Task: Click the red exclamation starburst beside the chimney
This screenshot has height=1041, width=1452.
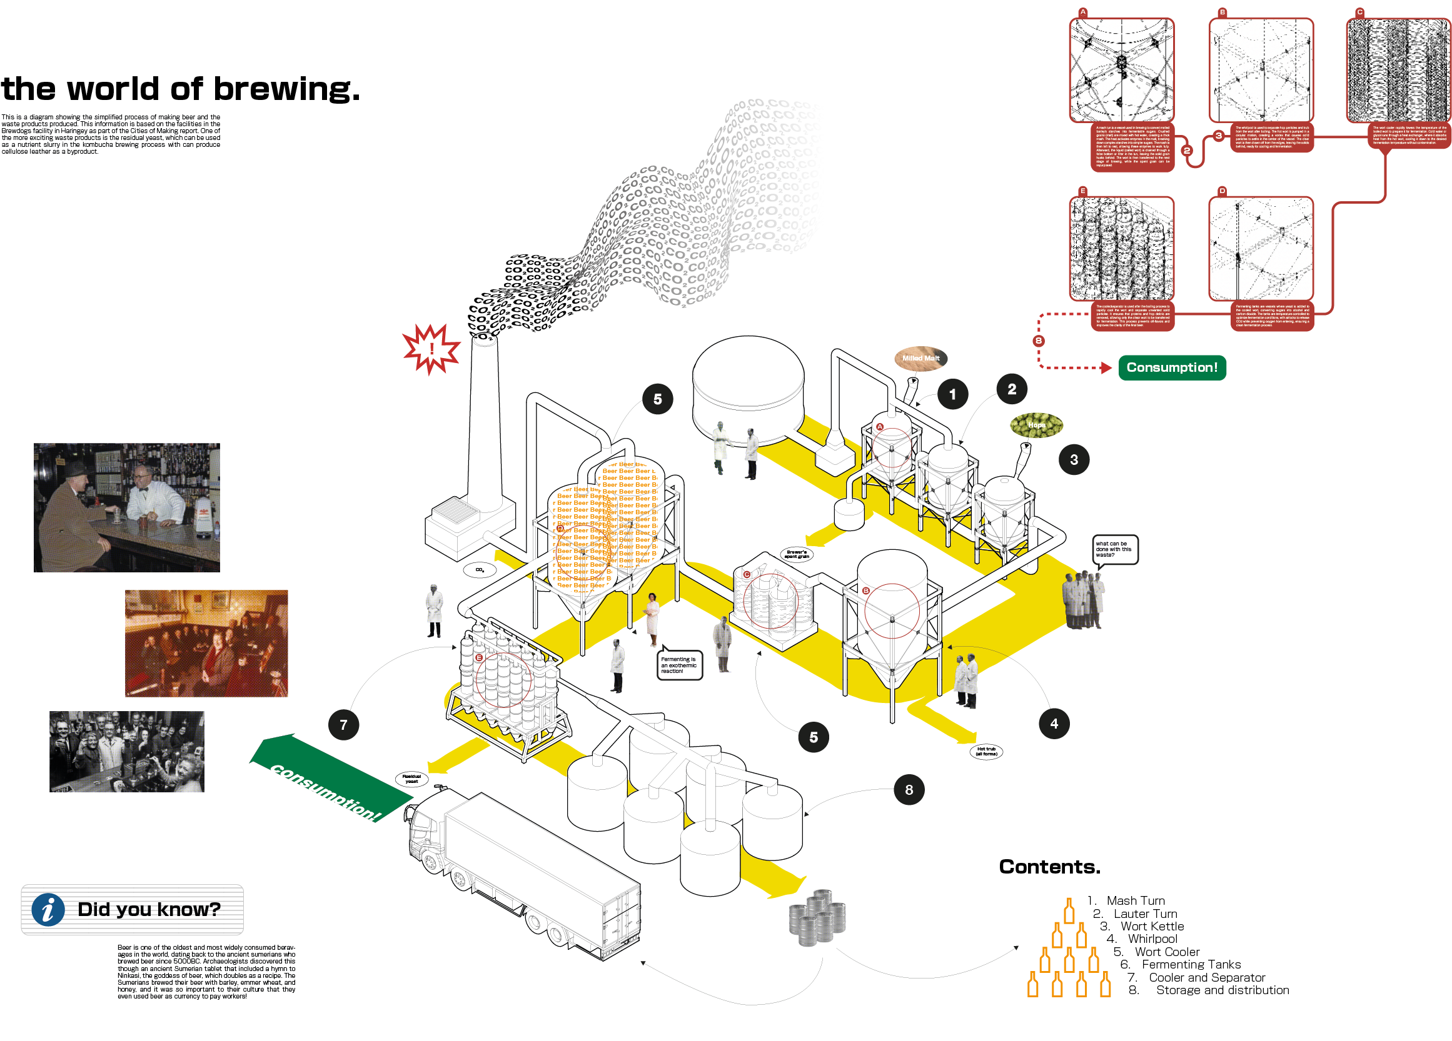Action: click(x=431, y=349)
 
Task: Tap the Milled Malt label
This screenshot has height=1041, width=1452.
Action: click(x=920, y=358)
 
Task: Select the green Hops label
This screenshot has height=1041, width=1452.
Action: click(x=1036, y=425)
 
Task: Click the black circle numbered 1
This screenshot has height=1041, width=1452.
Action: click(x=952, y=394)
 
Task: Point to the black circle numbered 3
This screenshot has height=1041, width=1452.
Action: click(x=1074, y=459)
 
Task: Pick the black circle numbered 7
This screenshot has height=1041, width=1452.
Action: click(x=344, y=725)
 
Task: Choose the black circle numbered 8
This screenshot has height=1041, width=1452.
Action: click(x=909, y=790)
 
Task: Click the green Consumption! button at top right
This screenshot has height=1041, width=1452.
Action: click(x=1172, y=368)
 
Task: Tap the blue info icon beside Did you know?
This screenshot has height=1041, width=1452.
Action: click(x=48, y=910)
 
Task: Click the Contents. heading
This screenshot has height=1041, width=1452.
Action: click(x=1049, y=867)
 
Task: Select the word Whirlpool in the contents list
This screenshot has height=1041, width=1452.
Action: click(x=1152, y=939)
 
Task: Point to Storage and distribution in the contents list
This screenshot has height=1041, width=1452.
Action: click(x=1222, y=990)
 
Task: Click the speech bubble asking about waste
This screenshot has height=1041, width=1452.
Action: click(x=1114, y=550)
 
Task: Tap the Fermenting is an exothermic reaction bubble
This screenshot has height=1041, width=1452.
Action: click(x=679, y=665)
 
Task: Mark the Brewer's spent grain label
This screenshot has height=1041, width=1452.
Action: click(x=797, y=554)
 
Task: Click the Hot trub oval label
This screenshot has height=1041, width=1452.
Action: click(x=986, y=752)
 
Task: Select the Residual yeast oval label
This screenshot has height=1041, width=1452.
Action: click(x=411, y=779)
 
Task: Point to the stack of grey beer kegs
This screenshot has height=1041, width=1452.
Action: click(x=817, y=917)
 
